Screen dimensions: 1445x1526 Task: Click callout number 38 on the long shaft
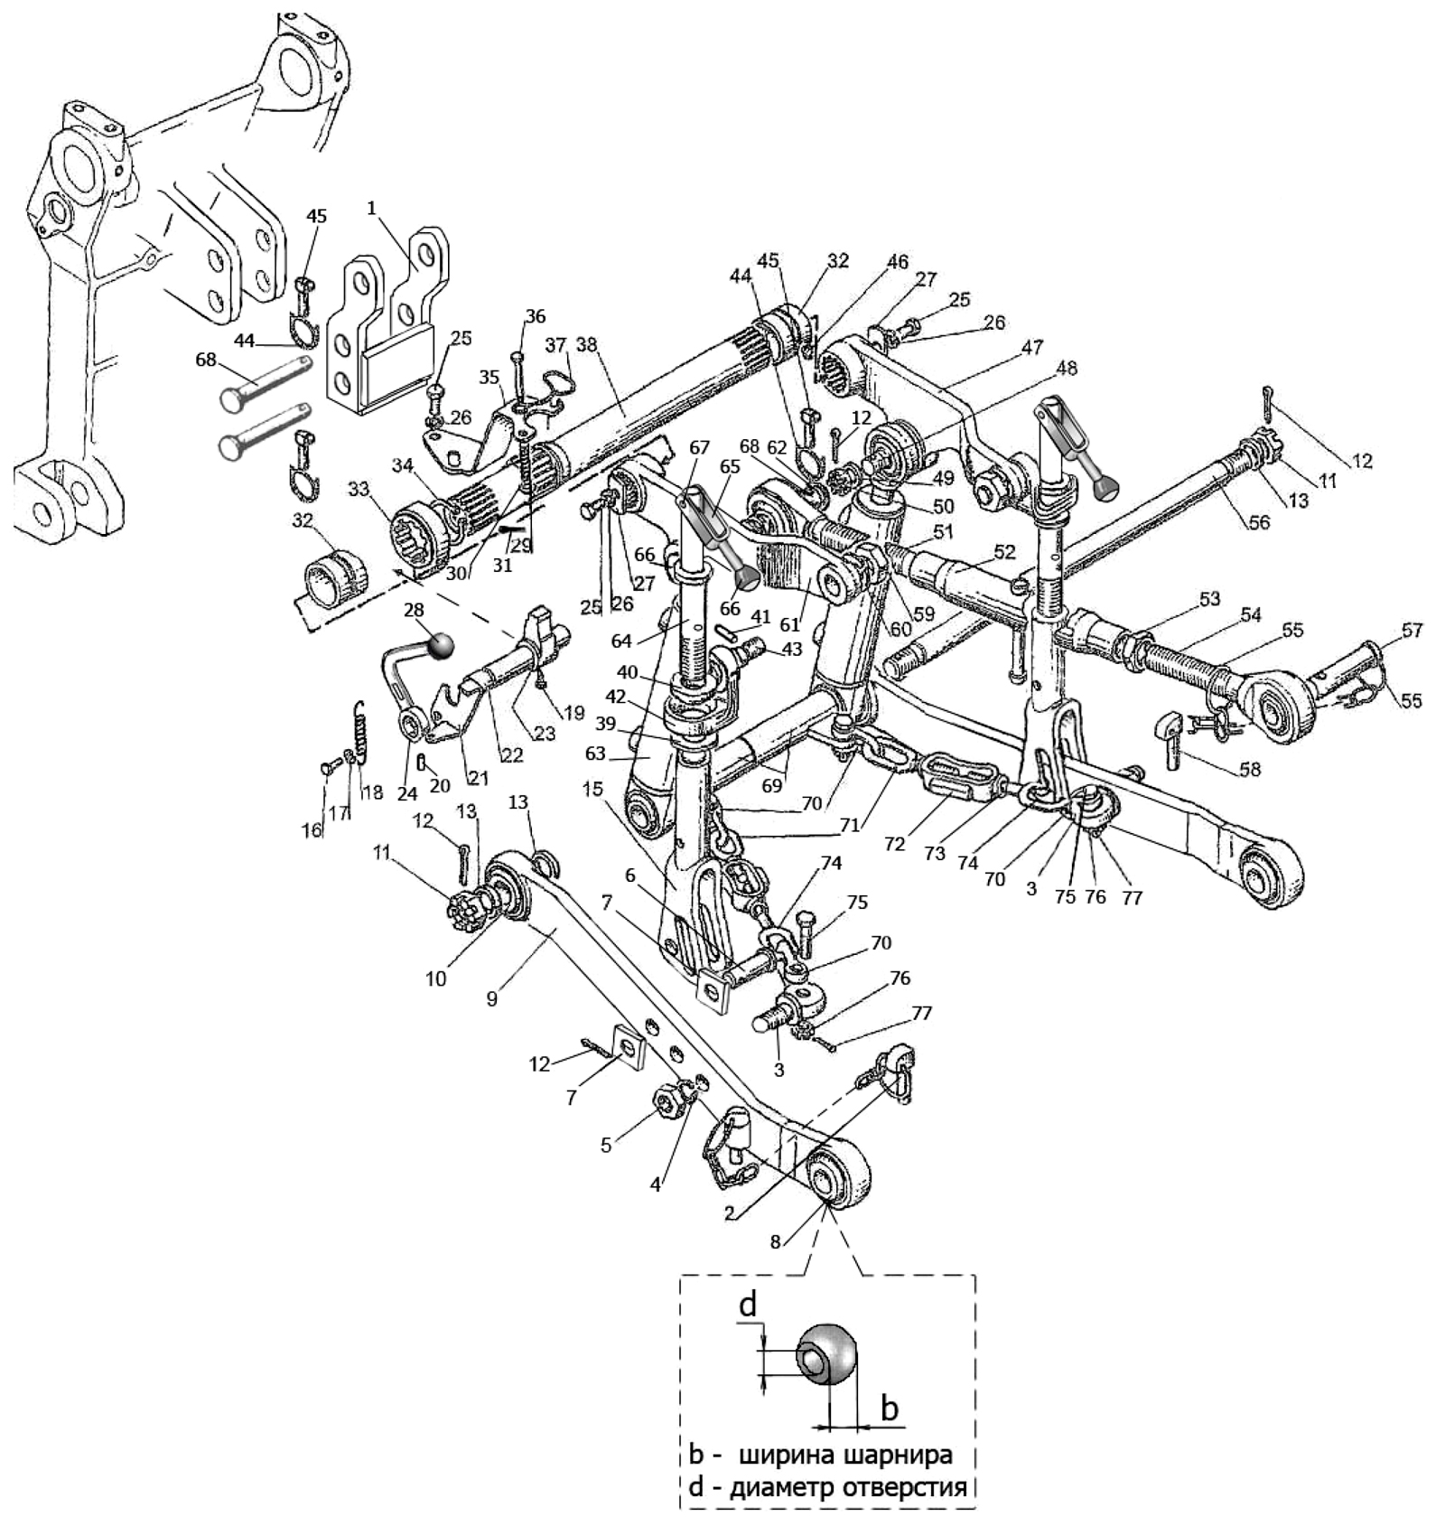[587, 345]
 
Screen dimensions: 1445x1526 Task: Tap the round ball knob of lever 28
[442, 645]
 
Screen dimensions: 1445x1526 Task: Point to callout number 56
[1258, 521]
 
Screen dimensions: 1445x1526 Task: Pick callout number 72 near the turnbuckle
[894, 844]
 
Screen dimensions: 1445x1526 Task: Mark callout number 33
[359, 489]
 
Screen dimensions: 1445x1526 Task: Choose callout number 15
[592, 789]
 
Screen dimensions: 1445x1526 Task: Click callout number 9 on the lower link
[492, 997]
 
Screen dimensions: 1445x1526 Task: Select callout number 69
[771, 785]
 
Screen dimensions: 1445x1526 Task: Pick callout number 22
[511, 755]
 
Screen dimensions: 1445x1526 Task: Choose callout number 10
[435, 978]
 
